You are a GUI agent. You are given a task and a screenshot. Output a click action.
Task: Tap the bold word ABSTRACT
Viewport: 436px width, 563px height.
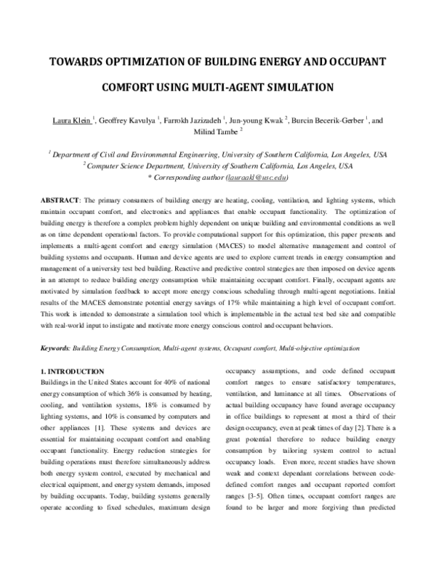coord(60,199)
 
